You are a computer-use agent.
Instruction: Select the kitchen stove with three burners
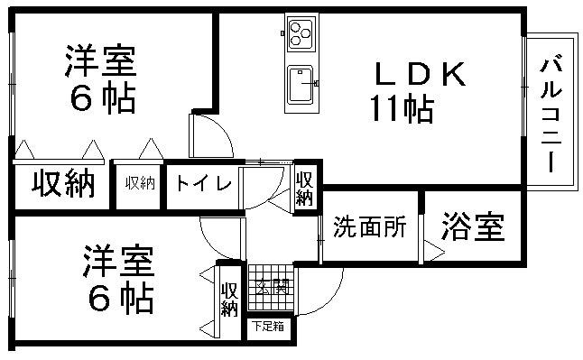click(301, 33)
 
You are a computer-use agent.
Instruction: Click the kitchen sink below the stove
click(301, 87)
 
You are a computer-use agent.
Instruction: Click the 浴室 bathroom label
click(472, 226)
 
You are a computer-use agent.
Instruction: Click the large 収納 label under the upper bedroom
click(63, 184)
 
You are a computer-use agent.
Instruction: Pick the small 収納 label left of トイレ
click(140, 183)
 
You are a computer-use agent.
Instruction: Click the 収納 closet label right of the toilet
click(305, 187)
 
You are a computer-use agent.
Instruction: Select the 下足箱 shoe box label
click(266, 326)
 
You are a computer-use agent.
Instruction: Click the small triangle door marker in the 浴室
click(431, 255)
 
